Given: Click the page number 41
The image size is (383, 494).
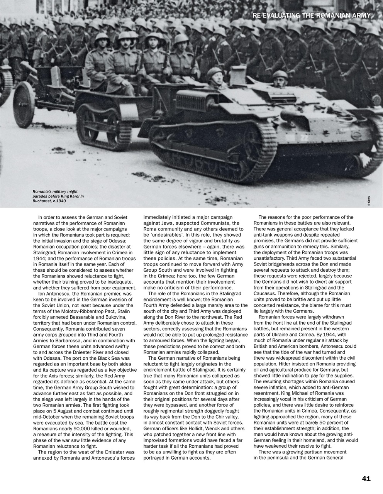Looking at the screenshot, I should pos(366,479).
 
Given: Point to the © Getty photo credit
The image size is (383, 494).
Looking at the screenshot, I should pos(369,201).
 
